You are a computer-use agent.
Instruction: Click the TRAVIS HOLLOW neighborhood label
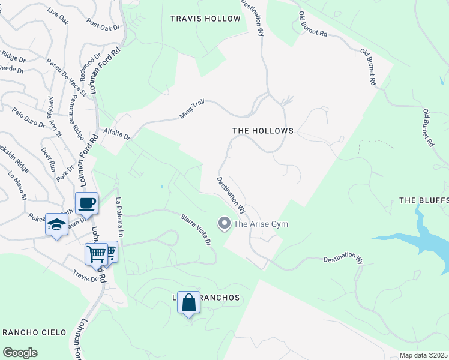tap(205, 19)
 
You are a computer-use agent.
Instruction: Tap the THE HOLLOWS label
tap(262, 131)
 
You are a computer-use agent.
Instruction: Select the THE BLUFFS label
tap(424, 200)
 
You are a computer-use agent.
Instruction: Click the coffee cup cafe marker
tap(87, 202)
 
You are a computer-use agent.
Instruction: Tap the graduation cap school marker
tap(56, 225)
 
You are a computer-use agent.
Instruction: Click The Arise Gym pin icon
tap(224, 224)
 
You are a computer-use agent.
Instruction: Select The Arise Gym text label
tap(261, 224)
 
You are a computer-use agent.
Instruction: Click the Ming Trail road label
tap(192, 109)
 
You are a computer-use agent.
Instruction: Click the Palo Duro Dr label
tap(28, 118)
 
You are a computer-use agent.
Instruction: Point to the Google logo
tap(20, 352)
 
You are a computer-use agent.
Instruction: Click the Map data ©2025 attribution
tap(423, 355)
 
